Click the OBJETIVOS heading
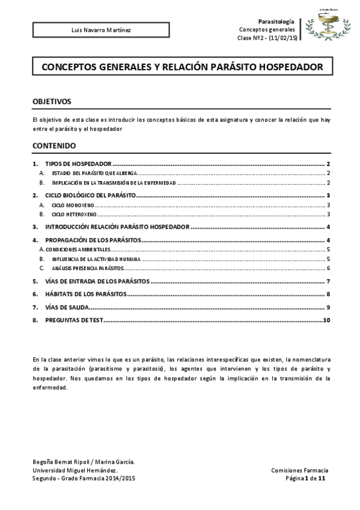(x=52, y=102)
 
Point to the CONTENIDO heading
(x=54, y=146)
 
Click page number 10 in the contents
(x=326, y=321)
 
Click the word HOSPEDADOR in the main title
(x=288, y=67)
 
